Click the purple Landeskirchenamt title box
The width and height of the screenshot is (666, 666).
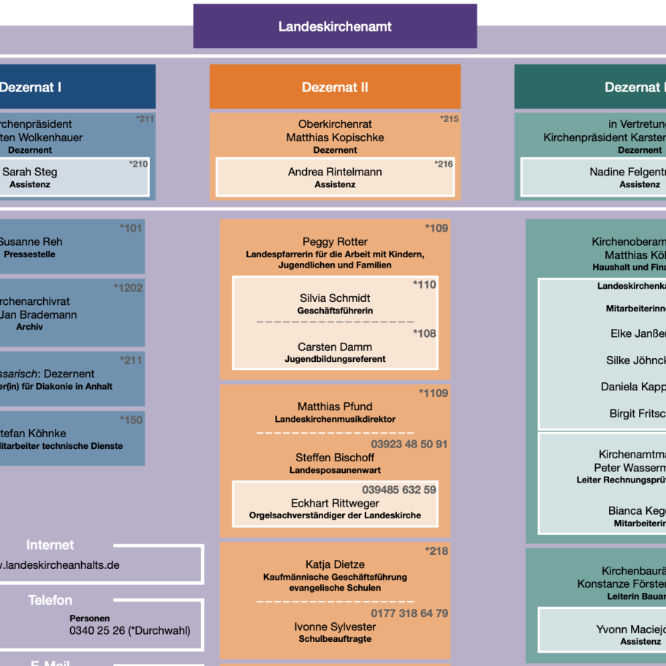[335, 26]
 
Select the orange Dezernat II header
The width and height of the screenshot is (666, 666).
[335, 87]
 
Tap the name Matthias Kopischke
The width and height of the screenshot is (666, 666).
[335, 137]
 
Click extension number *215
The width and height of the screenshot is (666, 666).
[449, 118]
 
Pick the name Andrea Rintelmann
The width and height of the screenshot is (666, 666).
[335, 172]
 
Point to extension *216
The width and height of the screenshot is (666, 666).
[444, 164]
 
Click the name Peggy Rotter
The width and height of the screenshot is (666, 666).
[335, 242]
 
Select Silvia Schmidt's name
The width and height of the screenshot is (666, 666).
[335, 298]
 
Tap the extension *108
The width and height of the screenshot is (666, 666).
[424, 333]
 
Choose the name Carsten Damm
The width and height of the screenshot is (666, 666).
[335, 347]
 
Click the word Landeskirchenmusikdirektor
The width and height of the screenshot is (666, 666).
[335, 420]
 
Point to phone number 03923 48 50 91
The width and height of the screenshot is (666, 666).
[409, 444]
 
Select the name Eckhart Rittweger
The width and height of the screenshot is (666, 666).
[335, 504]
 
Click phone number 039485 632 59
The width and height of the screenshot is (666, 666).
[399, 490]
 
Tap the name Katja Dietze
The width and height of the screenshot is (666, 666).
[335, 564]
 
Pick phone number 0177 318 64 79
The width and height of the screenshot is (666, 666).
[409, 613]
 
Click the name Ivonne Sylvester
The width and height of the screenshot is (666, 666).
[335, 627]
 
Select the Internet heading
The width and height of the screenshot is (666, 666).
[50, 545]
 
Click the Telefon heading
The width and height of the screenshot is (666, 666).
[50, 600]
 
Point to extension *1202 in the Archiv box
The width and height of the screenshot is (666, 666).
[128, 288]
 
